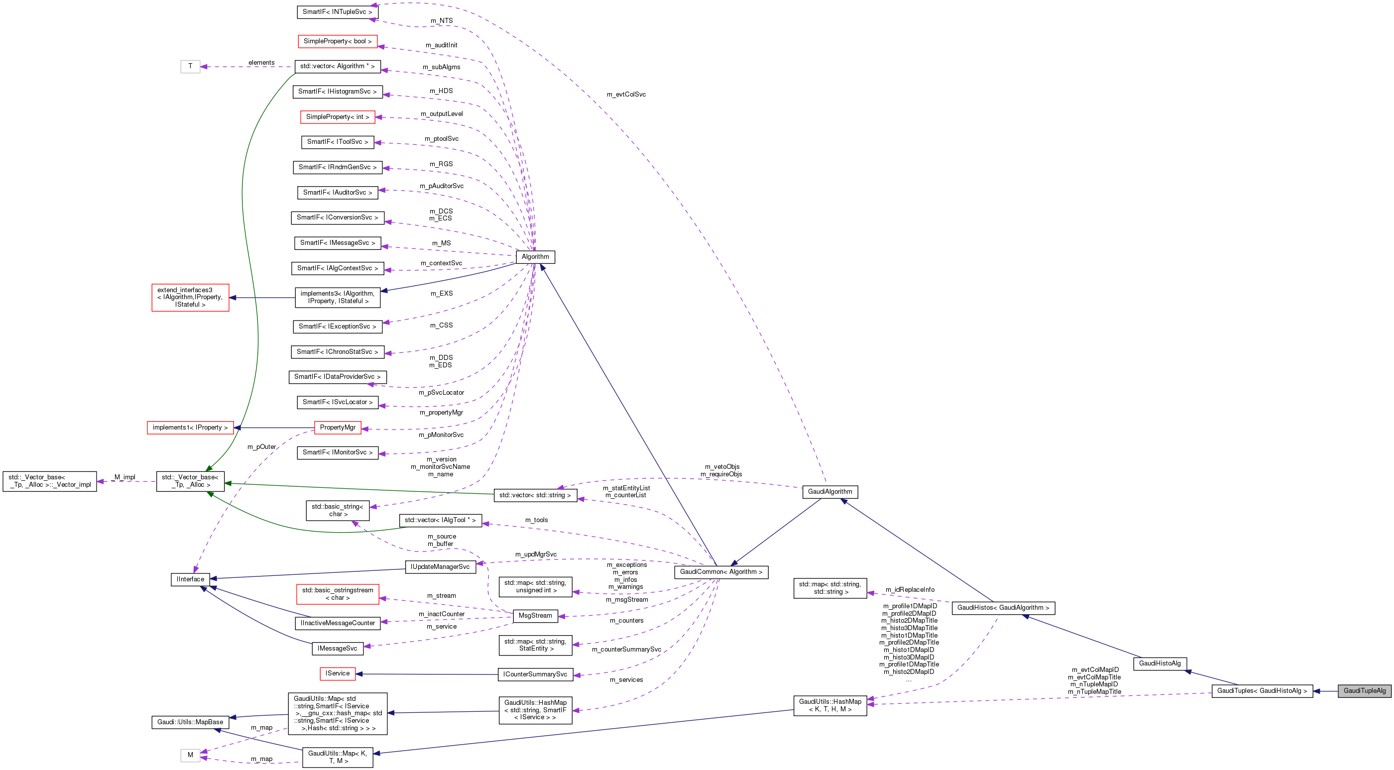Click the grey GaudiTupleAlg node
1364,690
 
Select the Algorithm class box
535,257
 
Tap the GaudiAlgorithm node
829,492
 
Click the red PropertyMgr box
338,428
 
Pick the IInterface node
191,579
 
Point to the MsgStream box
535,616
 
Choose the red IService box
338,673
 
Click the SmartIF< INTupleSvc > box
337,12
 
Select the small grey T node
190,67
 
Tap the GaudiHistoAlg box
1160,663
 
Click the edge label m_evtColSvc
626,95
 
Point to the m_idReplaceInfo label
910,590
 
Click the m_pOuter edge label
261,447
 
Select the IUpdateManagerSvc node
440,566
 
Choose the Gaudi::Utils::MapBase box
190,722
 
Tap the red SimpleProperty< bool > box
337,42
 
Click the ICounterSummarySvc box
535,674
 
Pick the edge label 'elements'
261,63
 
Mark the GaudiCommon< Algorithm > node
721,572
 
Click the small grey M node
190,755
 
